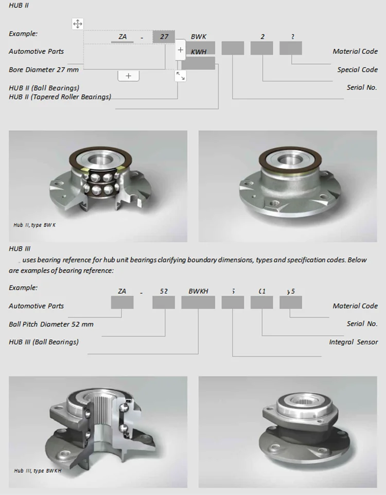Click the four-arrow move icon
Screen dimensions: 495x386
coord(77,24)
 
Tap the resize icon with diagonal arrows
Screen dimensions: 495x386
coord(180,76)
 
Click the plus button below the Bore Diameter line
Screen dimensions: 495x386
coord(129,76)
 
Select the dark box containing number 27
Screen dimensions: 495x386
coord(164,37)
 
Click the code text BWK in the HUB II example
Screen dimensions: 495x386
coord(198,37)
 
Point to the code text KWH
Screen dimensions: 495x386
coord(199,52)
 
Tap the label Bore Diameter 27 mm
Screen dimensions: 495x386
coord(44,69)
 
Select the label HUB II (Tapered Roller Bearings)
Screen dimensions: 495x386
coord(60,97)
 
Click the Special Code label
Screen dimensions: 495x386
coord(357,69)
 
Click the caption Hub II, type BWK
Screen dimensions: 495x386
coord(35,225)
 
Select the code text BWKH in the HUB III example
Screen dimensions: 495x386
coord(198,291)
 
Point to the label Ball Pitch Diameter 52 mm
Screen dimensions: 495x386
coord(51,324)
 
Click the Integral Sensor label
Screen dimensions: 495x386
coord(353,342)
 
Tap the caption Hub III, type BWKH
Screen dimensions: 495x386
coord(38,470)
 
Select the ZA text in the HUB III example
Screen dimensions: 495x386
coord(122,291)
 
